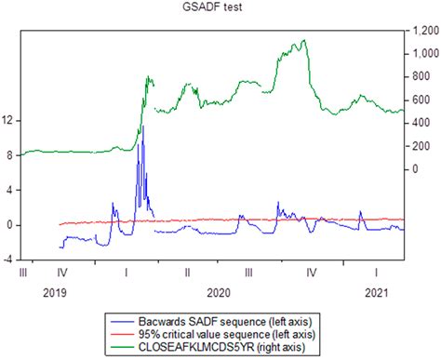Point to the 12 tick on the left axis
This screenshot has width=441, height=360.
coord(8,120)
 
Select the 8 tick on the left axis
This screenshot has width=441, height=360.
coord(8,155)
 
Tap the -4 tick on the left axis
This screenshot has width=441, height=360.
coord(8,260)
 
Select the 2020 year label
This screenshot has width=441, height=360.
coord(219,292)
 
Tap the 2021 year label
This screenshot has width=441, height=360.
coord(376,292)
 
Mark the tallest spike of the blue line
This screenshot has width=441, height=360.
coord(142,127)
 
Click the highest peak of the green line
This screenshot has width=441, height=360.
coord(303,40)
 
